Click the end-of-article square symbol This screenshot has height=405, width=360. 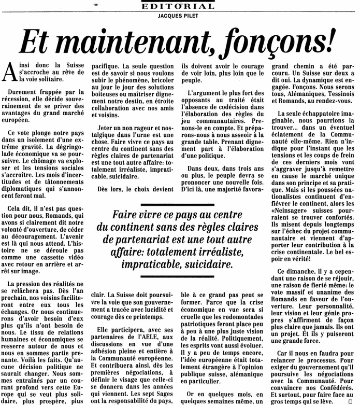pyautogui.click(x=350, y=401)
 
